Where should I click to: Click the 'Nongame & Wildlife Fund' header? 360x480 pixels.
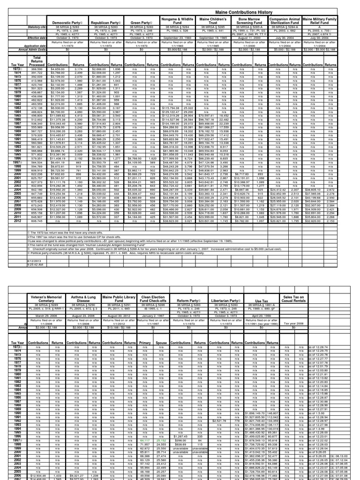pyautogui.click(x=177, y=21)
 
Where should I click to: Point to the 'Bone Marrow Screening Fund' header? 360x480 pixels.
pyautogui.click(x=249, y=21)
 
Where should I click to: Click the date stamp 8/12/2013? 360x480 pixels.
pyautogui.click(x=21, y=260)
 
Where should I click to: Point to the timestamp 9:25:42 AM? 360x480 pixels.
pyautogui.click(x=22, y=264)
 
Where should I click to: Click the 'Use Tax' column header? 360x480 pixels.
pyautogui.click(x=262, y=301)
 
